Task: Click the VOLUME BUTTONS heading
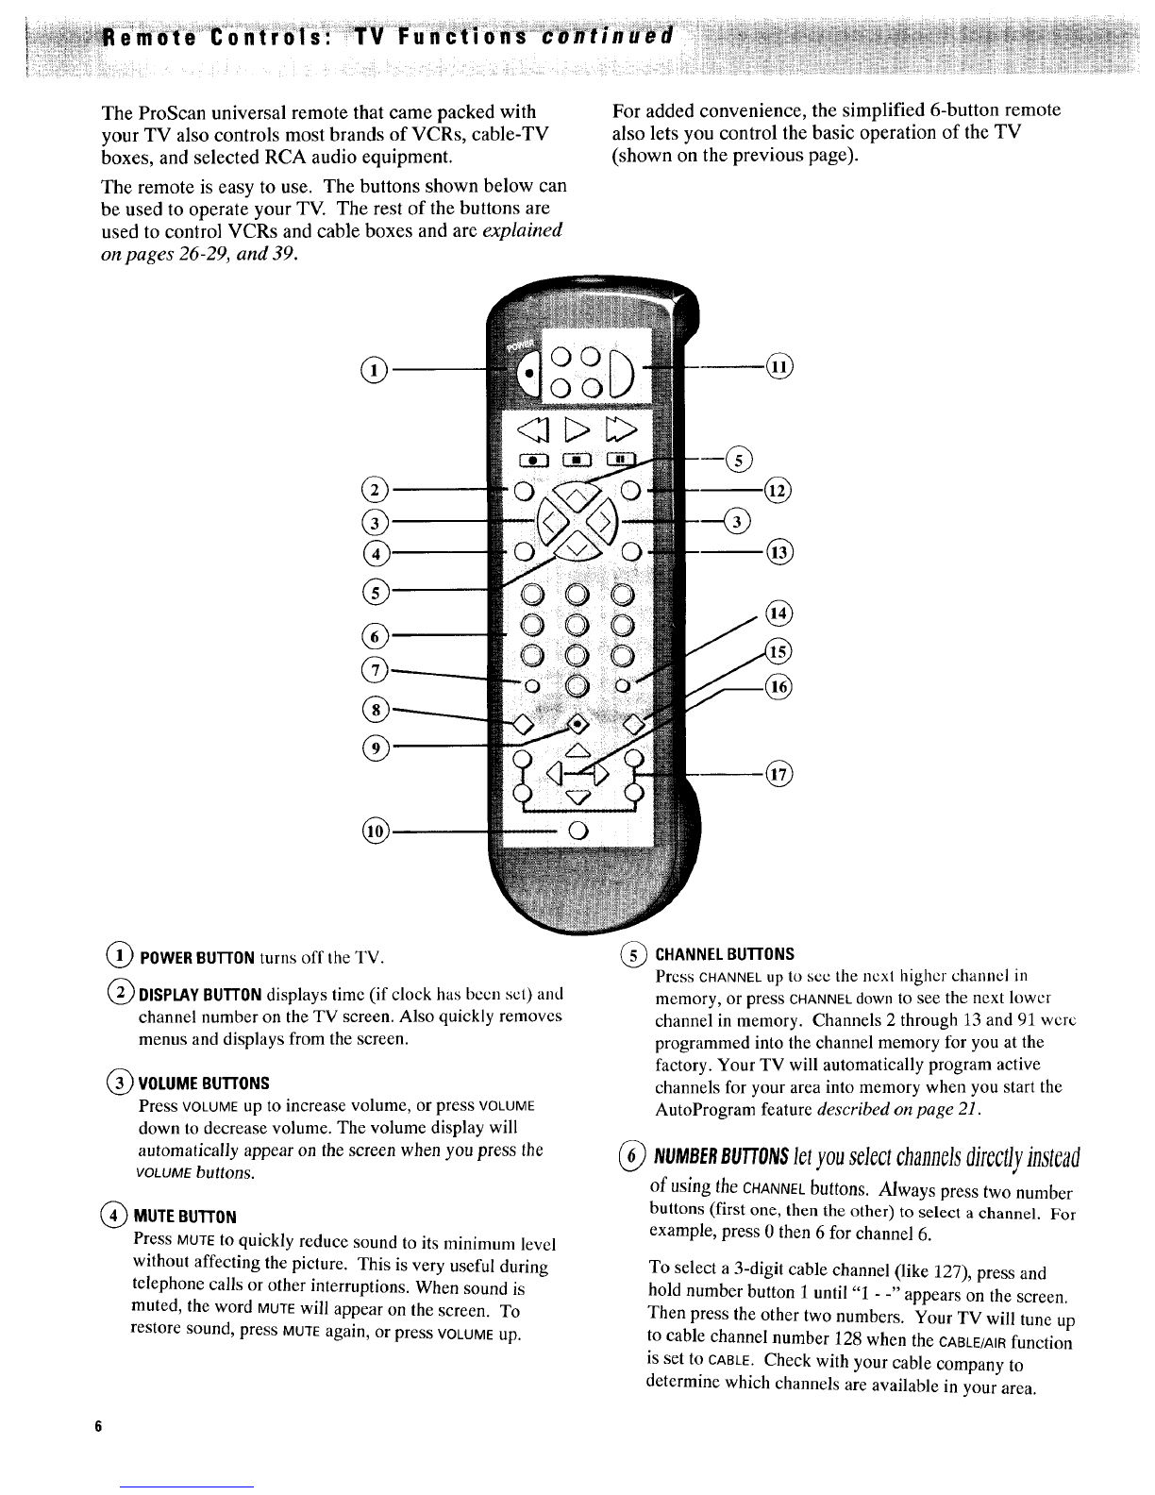click(204, 1082)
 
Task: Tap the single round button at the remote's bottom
click(577, 831)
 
